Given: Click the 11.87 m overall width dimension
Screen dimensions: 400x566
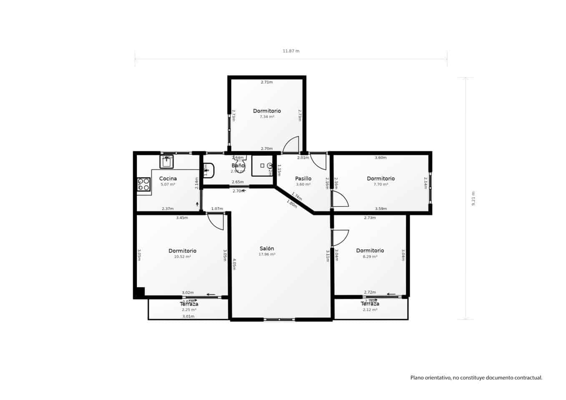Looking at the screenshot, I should click(291, 51).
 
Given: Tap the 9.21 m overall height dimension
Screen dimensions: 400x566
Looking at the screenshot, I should click(473, 198).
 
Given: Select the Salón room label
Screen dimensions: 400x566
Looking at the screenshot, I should click(267, 248).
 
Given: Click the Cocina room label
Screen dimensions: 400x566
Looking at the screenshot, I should click(168, 178).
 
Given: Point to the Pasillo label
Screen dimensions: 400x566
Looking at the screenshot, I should click(303, 178).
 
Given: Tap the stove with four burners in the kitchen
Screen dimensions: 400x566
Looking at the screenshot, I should click(143, 184).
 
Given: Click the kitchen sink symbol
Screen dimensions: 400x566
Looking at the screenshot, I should click(166, 161).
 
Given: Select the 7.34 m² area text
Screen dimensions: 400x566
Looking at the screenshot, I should click(267, 117).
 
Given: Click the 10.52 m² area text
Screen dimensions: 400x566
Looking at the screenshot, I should click(182, 257).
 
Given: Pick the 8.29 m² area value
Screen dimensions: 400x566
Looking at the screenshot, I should click(370, 257).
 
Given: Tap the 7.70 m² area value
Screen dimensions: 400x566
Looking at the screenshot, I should click(381, 185).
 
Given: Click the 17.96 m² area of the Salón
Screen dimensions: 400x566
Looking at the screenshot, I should click(267, 255).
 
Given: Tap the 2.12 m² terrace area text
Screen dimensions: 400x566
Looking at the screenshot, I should click(370, 310).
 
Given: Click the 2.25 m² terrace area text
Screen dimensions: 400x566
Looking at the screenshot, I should click(189, 310).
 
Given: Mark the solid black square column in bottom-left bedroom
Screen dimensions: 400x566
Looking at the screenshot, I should click(139, 292).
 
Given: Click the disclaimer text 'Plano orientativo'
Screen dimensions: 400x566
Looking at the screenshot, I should click(476, 378).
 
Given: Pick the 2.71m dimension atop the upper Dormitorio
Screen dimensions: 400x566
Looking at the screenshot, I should click(267, 82).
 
